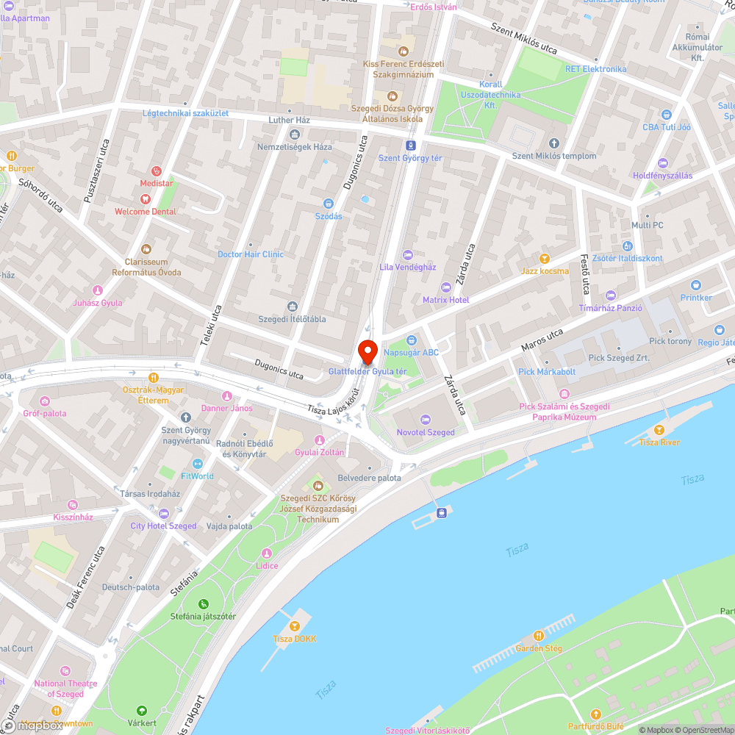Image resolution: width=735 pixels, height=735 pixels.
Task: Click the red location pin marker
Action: coord(367,351)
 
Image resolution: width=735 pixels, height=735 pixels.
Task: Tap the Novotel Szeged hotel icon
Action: coord(426,420)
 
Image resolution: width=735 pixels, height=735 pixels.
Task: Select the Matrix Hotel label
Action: coord(445,300)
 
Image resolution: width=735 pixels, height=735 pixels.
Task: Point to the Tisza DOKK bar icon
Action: coord(295,626)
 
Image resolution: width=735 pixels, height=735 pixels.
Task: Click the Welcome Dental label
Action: coord(146,212)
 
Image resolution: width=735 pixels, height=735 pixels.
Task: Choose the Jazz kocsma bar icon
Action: coord(544,259)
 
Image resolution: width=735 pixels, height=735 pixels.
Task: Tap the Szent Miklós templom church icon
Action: coord(554,143)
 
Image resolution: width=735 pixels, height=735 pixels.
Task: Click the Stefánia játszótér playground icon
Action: coord(203,603)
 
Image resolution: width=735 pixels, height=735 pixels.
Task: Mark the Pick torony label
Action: coord(670,342)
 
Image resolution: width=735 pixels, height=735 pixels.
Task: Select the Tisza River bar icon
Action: coord(659,430)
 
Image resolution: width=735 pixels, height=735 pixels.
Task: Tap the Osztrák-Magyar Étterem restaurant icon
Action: coord(153,377)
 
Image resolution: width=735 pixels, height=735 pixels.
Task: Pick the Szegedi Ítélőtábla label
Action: coord(292,319)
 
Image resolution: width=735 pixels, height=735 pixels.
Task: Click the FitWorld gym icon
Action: coord(197,464)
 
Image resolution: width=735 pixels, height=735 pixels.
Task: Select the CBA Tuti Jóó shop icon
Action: coord(667,115)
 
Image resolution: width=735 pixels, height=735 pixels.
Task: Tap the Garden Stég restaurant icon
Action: coord(539,636)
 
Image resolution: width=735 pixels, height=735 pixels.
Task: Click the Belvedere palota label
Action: coord(369,478)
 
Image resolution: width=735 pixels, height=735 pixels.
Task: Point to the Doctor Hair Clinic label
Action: coord(250,254)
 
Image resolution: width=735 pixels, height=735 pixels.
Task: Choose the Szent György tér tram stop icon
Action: coord(410,145)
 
